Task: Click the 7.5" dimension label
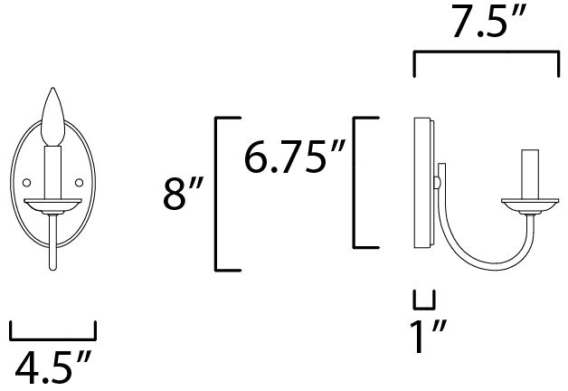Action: coord(488,21)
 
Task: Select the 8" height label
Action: coord(183,193)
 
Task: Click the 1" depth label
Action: coord(428,336)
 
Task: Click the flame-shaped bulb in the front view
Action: coord(52,117)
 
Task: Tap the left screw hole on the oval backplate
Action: coord(26,183)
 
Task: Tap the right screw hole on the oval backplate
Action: coord(79,183)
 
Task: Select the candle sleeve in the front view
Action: coord(52,172)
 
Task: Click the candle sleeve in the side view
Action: coord(530,174)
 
